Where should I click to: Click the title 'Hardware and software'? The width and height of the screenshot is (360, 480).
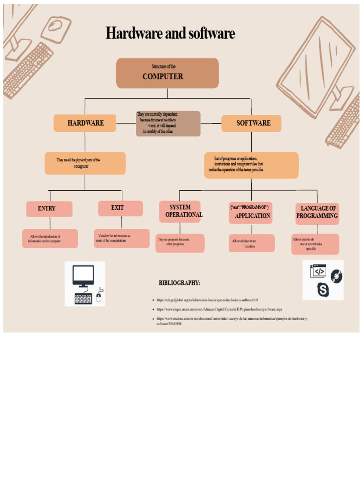(x=170, y=34)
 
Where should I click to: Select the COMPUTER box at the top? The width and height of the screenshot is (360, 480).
(x=167, y=73)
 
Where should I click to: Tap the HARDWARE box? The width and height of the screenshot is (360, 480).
(x=85, y=123)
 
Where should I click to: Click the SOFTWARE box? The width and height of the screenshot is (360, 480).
(x=252, y=123)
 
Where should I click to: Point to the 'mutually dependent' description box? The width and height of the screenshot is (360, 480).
(x=168, y=124)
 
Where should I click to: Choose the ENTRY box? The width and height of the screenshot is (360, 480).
(x=49, y=209)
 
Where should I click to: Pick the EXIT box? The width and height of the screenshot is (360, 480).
(x=120, y=208)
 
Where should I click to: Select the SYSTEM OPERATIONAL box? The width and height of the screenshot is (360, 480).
(x=180, y=211)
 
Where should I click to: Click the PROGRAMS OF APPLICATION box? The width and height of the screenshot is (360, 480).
(x=251, y=212)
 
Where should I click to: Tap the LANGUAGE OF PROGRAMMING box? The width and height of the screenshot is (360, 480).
(x=317, y=213)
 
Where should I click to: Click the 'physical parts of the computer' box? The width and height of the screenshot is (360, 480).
(x=85, y=163)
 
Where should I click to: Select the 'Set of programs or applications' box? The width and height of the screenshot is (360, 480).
(x=251, y=165)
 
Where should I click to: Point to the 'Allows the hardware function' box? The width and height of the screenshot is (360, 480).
(x=251, y=243)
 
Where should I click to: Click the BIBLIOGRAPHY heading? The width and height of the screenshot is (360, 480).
(x=179, y=283)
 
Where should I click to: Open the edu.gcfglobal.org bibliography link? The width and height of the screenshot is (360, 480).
(x=207, y=300)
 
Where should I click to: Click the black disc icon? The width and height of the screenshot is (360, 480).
(x=336, y=276)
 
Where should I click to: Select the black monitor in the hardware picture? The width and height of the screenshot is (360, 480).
(x=83, y=276)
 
